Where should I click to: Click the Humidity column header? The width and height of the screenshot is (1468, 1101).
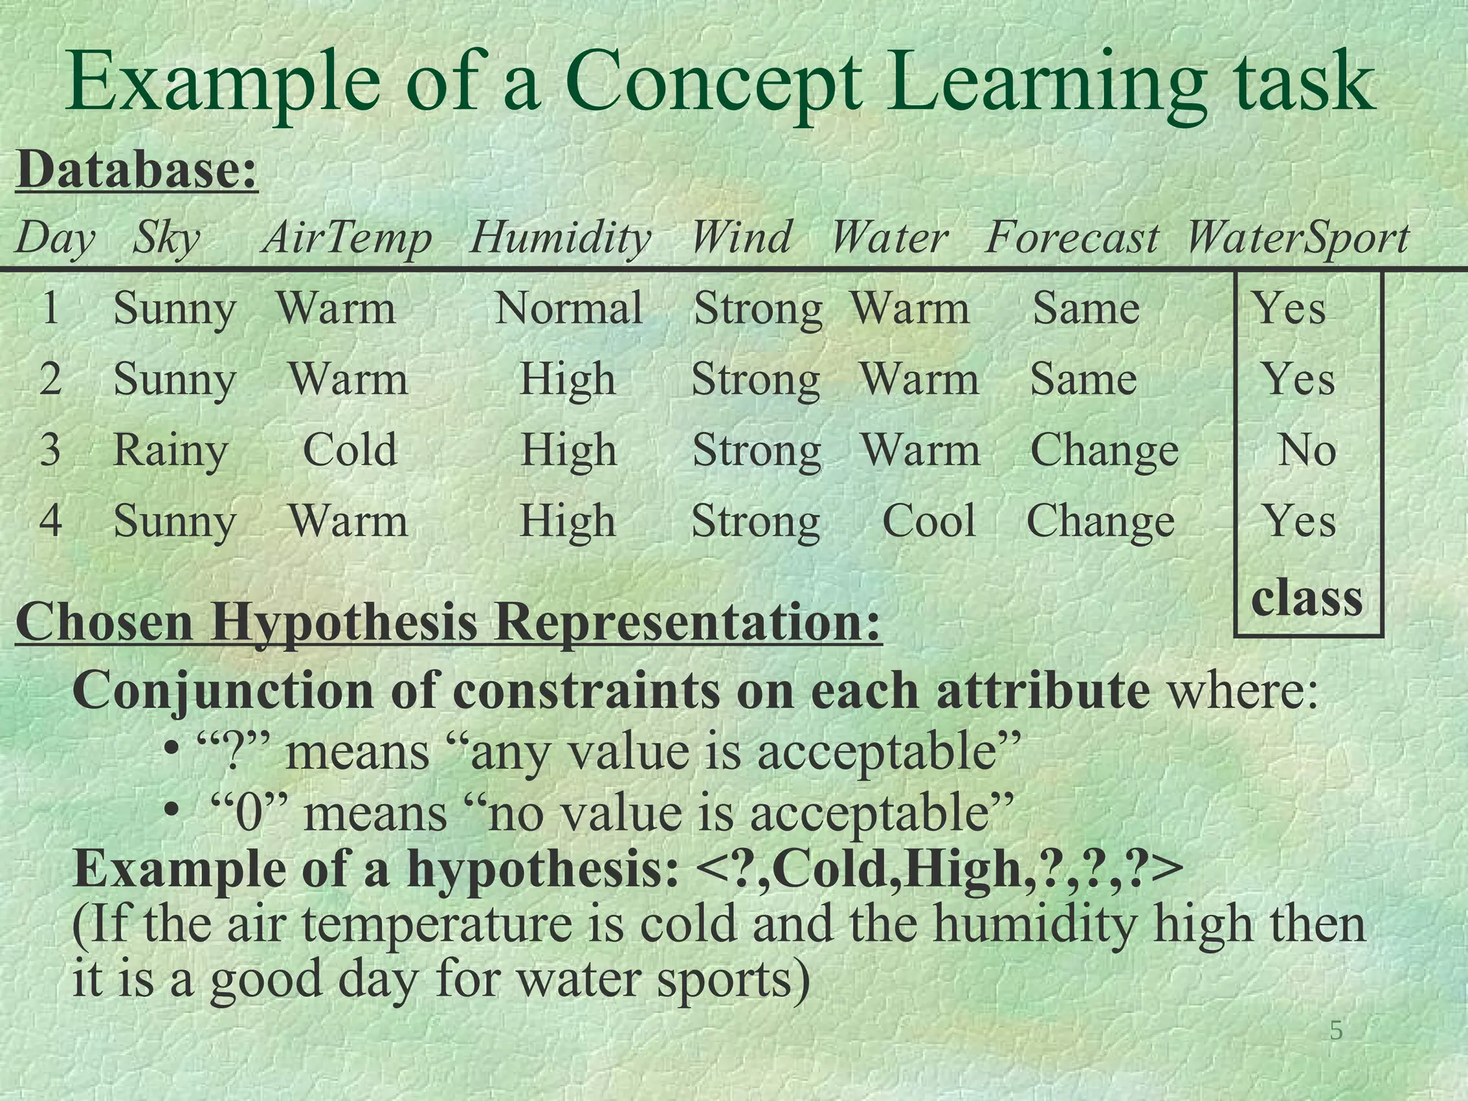point(561,237)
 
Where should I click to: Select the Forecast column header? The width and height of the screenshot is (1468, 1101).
point(1072,237)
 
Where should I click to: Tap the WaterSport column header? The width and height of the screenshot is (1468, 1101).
point(1298,237)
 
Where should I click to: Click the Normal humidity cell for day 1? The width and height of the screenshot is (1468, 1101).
point(568,308)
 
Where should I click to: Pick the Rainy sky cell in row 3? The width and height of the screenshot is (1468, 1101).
point(171,451)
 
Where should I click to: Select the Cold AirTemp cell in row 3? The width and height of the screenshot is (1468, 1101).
point(350,450)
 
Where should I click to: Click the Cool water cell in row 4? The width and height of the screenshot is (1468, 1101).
point(929,520)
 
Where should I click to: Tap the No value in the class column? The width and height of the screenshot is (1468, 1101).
point(1307,451)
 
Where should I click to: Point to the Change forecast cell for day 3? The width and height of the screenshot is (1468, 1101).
point(1105,451)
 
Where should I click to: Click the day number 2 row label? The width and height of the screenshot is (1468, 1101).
point(51,379)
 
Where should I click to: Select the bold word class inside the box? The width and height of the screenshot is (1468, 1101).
point(1307,598)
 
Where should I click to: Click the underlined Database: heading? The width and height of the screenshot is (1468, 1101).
point(136,171)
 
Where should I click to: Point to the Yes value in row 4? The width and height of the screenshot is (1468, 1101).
point(1299,521)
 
